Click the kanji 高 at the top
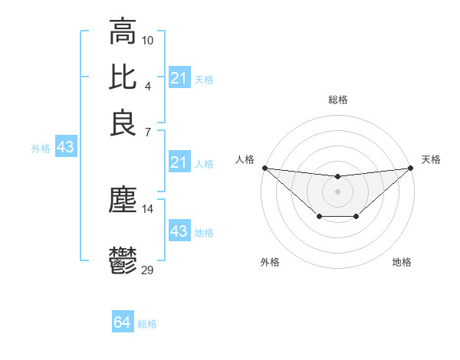coord(123,32)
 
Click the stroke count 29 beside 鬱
coord(148,269)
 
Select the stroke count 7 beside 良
coord(147,132)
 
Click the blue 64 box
coord(122,322)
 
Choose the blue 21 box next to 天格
coord(179,78)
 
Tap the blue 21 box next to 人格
coord(179,162)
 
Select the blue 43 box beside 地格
coord(179,231)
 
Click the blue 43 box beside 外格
coord(65,148)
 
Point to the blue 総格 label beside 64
coord(148,324)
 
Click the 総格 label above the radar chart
coord(337,100)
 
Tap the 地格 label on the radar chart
coord(402,263)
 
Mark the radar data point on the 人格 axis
coord(264,168)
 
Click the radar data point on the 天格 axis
coord(411,168)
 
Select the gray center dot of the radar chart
coord(337,191)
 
